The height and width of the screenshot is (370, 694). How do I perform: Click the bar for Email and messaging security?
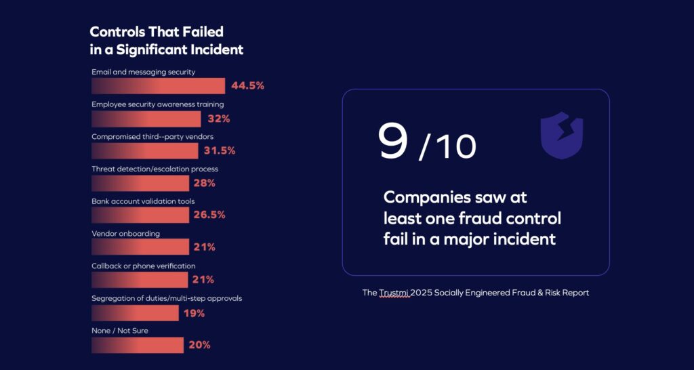click(158, 86)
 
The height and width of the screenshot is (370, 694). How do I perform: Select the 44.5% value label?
click(247, 86)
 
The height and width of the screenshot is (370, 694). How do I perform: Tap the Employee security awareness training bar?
click(146, 119)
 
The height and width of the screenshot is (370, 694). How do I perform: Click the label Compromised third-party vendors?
click(153, 136)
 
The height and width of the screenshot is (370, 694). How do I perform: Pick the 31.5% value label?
click(220, 150)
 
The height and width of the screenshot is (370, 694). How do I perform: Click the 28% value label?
click(205, 183)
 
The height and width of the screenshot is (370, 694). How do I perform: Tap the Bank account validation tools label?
click(143, 201)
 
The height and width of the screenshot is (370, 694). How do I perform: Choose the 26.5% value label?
click(209, 215)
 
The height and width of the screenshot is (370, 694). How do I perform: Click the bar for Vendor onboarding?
click(140, 247)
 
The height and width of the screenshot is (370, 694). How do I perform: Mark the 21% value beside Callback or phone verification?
click(203, 280)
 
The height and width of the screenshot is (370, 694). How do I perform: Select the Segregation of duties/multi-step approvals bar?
click(135, 312)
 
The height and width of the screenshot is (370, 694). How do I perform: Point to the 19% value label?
click(195, 313)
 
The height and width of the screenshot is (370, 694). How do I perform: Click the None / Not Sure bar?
click(138, 345)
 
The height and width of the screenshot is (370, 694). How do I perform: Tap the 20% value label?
click(199, 345)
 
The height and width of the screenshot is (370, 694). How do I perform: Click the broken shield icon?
click(561, 136)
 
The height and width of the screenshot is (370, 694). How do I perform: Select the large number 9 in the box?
click(393, 141)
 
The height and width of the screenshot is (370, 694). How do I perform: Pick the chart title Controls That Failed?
click(157, 32)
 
